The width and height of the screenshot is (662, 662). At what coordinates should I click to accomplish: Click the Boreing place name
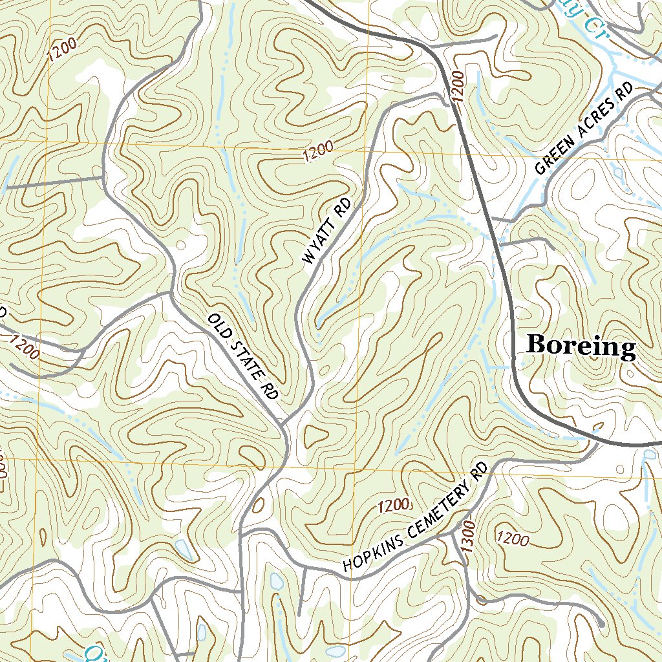click(581, 346)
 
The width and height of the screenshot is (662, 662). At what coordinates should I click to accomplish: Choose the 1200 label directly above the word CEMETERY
click(392, 505)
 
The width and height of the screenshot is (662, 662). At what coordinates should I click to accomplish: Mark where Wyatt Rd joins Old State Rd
click(287, 423)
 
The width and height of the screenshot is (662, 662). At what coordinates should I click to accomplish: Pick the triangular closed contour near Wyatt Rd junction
click(315, 437)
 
